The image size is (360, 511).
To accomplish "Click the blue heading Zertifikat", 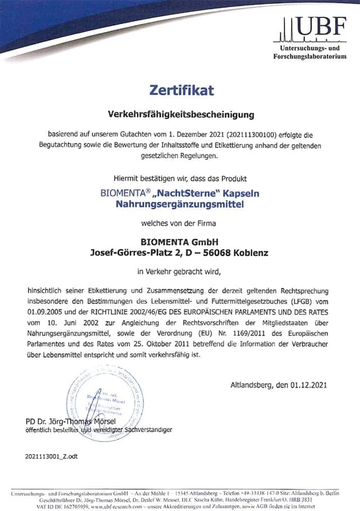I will click(x=181, y=89).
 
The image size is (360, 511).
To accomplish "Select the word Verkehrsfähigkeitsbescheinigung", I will click(x=181, y=115).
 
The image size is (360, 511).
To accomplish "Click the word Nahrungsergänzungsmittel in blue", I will click(x=180, y=205).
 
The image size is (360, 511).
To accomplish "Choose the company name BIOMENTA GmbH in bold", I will click(x=180, y=242).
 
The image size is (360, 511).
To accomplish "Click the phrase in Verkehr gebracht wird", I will click(x=180, y=272).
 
